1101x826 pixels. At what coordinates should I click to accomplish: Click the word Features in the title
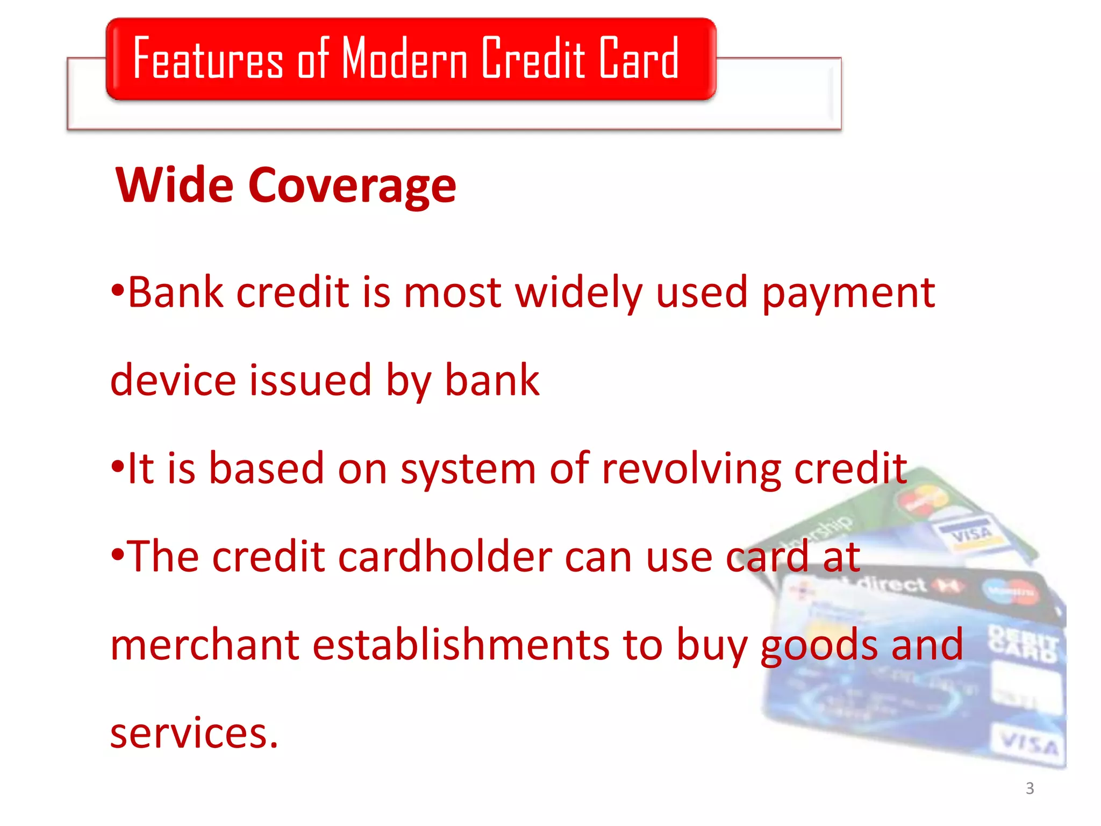point(208,58)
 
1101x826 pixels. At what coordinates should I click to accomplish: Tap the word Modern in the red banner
point(404,58)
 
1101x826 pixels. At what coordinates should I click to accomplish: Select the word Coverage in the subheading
point(352,186)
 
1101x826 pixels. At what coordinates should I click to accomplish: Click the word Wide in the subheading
point(175,186)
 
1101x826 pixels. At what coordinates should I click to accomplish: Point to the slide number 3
point(1029,788)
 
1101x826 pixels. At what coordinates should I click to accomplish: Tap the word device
point(173,380)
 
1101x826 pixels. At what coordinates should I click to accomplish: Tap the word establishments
point(461,645)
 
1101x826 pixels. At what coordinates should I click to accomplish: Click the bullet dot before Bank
point(118,291)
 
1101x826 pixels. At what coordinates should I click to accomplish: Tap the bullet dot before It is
point(118,467)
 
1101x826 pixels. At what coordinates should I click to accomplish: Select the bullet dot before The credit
point(118,555)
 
